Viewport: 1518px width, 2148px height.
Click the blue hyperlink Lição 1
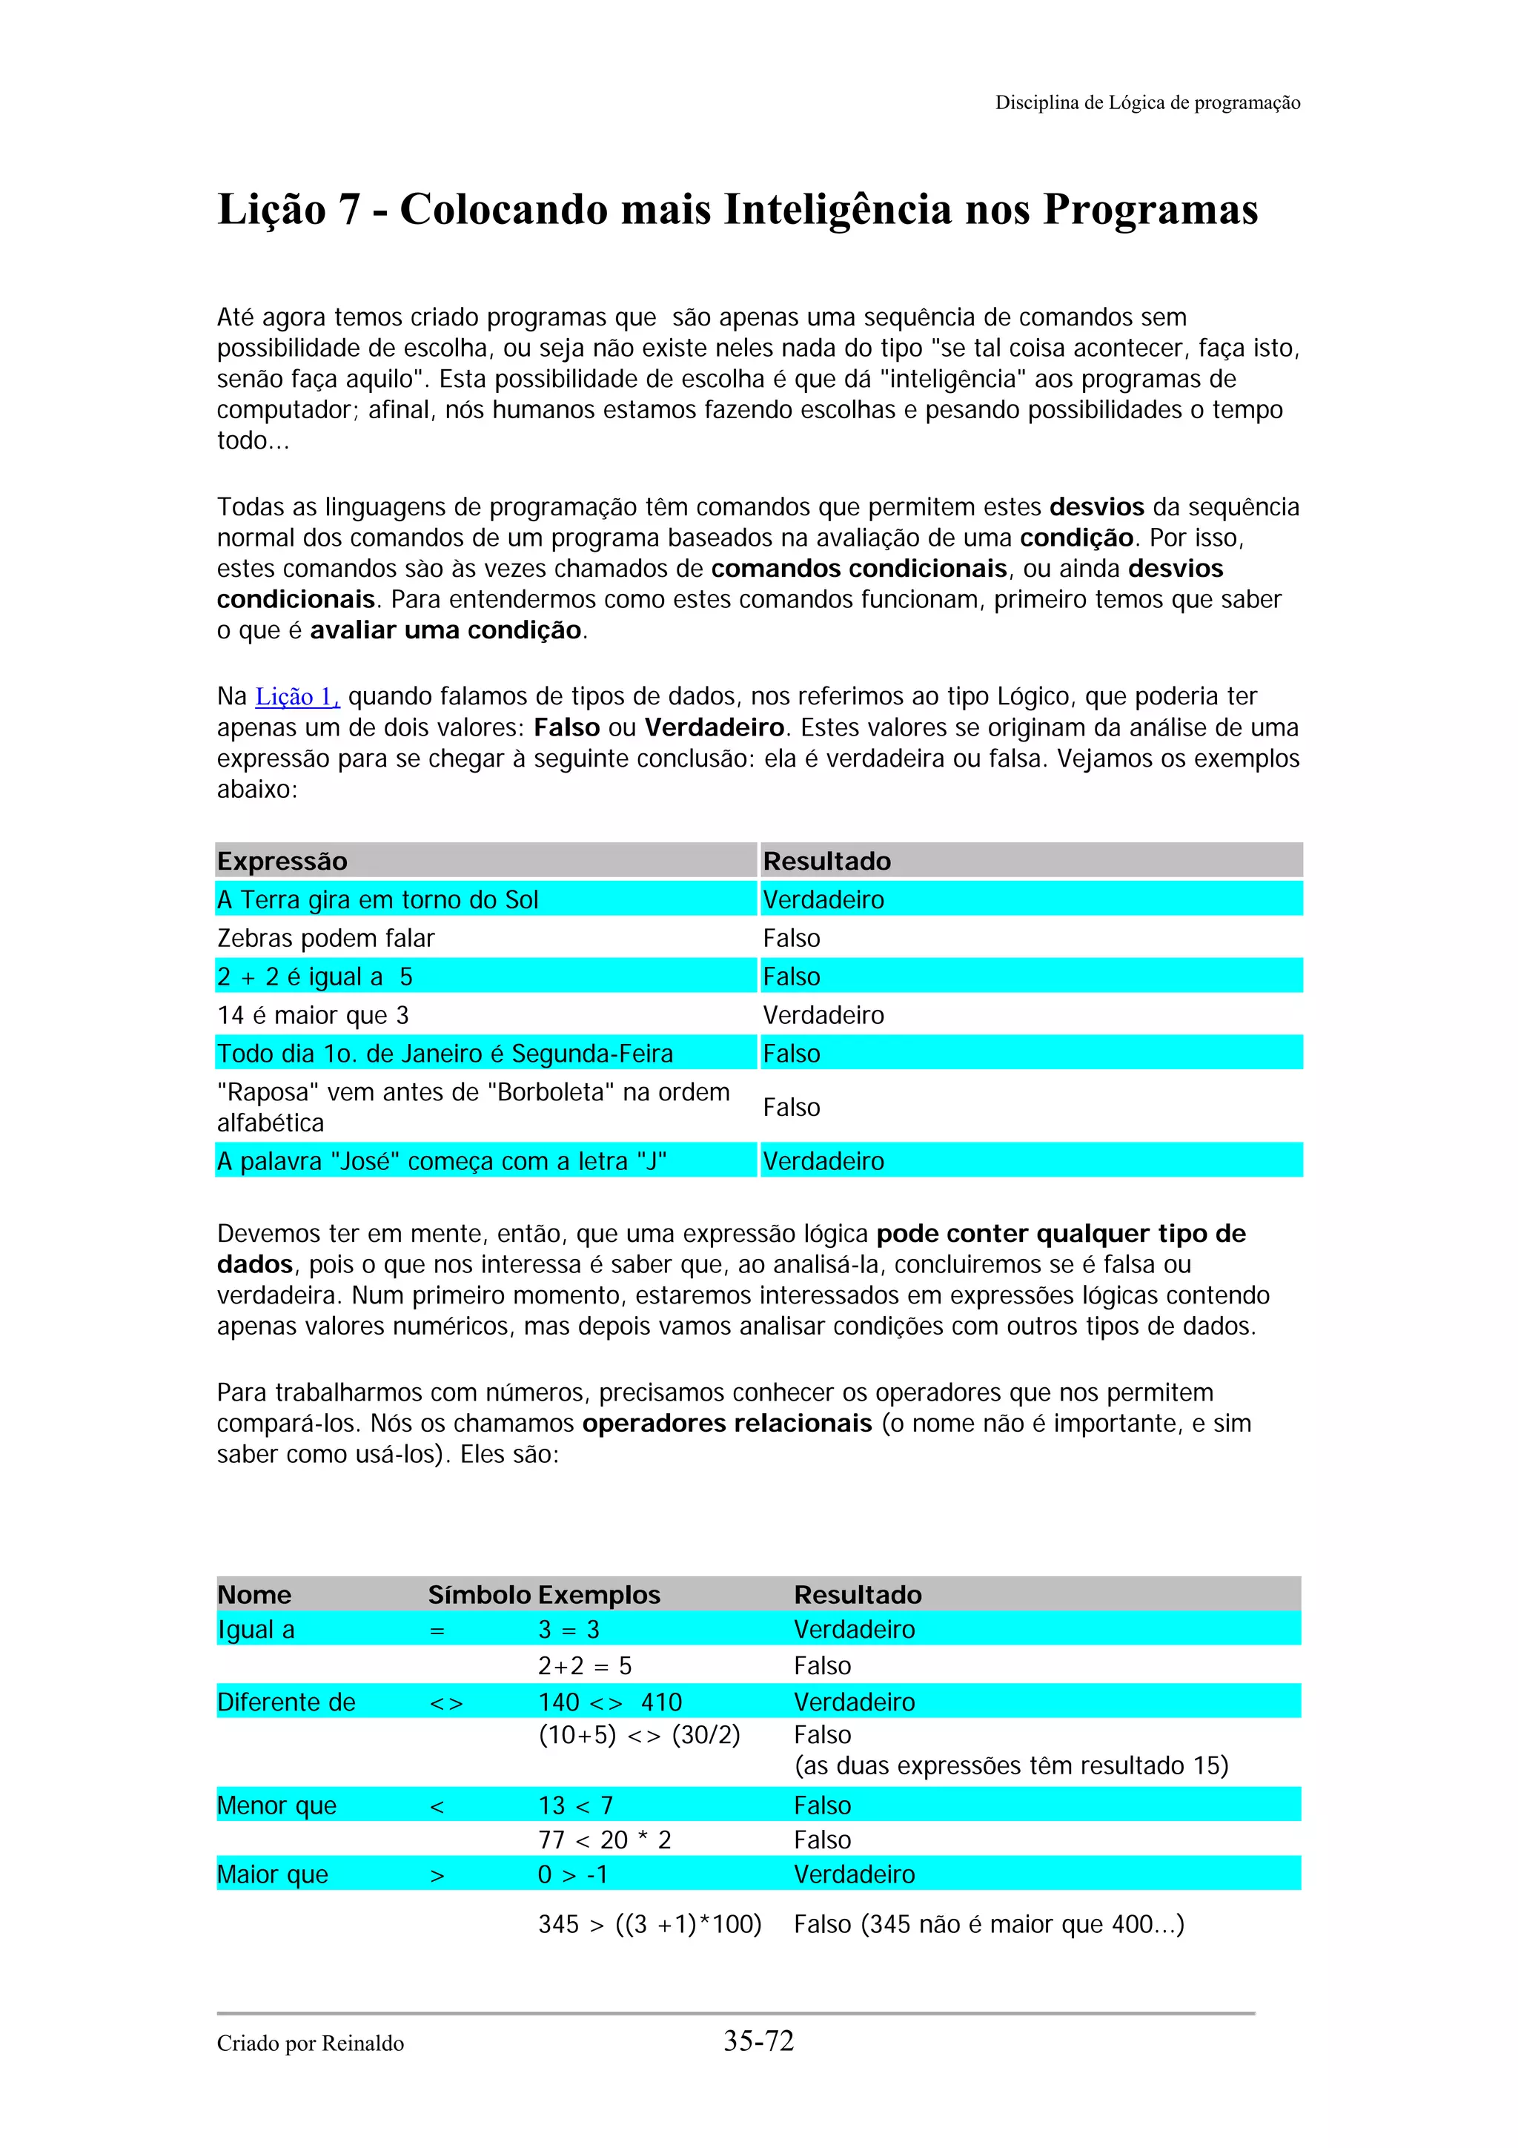pyautogui.click(x=296, y=697)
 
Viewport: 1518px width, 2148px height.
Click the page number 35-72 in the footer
pyautogui.click(x=758, y=2040)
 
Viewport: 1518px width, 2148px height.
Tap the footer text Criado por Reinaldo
pyautogui.click(x=310, y=2043)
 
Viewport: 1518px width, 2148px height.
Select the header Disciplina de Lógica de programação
pyautogui.click(x=1147, y=103)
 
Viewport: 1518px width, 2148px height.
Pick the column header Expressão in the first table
pyautogui.click(x=282, y=861)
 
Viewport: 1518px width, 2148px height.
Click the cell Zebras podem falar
pyautogui.click(x=325, y=939)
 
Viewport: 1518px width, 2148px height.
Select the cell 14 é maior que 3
pyautogui.click(x=312, y=1015)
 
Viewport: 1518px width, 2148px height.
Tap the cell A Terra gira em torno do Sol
pyautogui.click(x=377, y=900)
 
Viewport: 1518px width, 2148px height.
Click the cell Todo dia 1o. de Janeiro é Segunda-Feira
pyautogui.click(x=444, y=1054)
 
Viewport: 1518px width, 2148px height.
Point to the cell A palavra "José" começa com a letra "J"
pyautogui.click(x=442, y=1161)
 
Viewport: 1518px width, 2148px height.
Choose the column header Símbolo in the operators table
pyautogui.click(x=479, y=1594)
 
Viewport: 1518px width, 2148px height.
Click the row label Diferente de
pyautogui.click(x=286, y=1702)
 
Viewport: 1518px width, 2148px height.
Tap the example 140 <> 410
pyautogui.click(x=610, y=1702)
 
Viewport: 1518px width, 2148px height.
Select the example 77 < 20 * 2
pyautogui.click(x=604, y=1840)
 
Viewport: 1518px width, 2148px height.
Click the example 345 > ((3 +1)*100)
pyautogui.click(x=649, y=1924)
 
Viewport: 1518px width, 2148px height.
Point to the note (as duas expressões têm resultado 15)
pyautogui.click(x=1010, y=1765)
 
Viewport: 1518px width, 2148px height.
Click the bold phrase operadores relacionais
pyautogui.click(x=726, y=1423)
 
